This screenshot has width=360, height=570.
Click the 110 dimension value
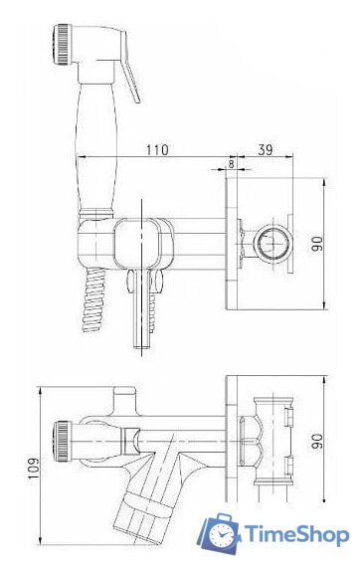point(157,149)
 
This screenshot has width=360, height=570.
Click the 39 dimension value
point(266,149)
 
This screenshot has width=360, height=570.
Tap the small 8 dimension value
point(232,163)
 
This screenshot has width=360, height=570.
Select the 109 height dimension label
point(33,468)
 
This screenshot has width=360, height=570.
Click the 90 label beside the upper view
point(317,243)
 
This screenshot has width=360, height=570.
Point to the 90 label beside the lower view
point(317,441)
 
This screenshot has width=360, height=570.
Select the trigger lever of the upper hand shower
point(130,75)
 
